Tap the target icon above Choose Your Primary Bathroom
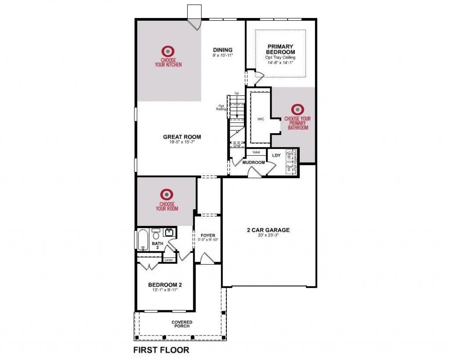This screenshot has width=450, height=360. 298,109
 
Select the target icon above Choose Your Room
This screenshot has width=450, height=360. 167,194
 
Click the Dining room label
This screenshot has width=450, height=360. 222,50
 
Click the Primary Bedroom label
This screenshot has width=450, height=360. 280,49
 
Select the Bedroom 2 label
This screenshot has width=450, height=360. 165,285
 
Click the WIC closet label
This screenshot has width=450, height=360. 261,119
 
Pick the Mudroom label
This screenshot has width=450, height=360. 254,163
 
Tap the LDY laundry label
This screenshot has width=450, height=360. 276,155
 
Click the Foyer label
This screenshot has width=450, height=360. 208,235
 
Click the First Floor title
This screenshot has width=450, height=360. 161,350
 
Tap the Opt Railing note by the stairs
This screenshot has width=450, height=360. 222,107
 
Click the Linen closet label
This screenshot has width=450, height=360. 169,260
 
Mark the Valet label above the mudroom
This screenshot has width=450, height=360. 257,152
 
